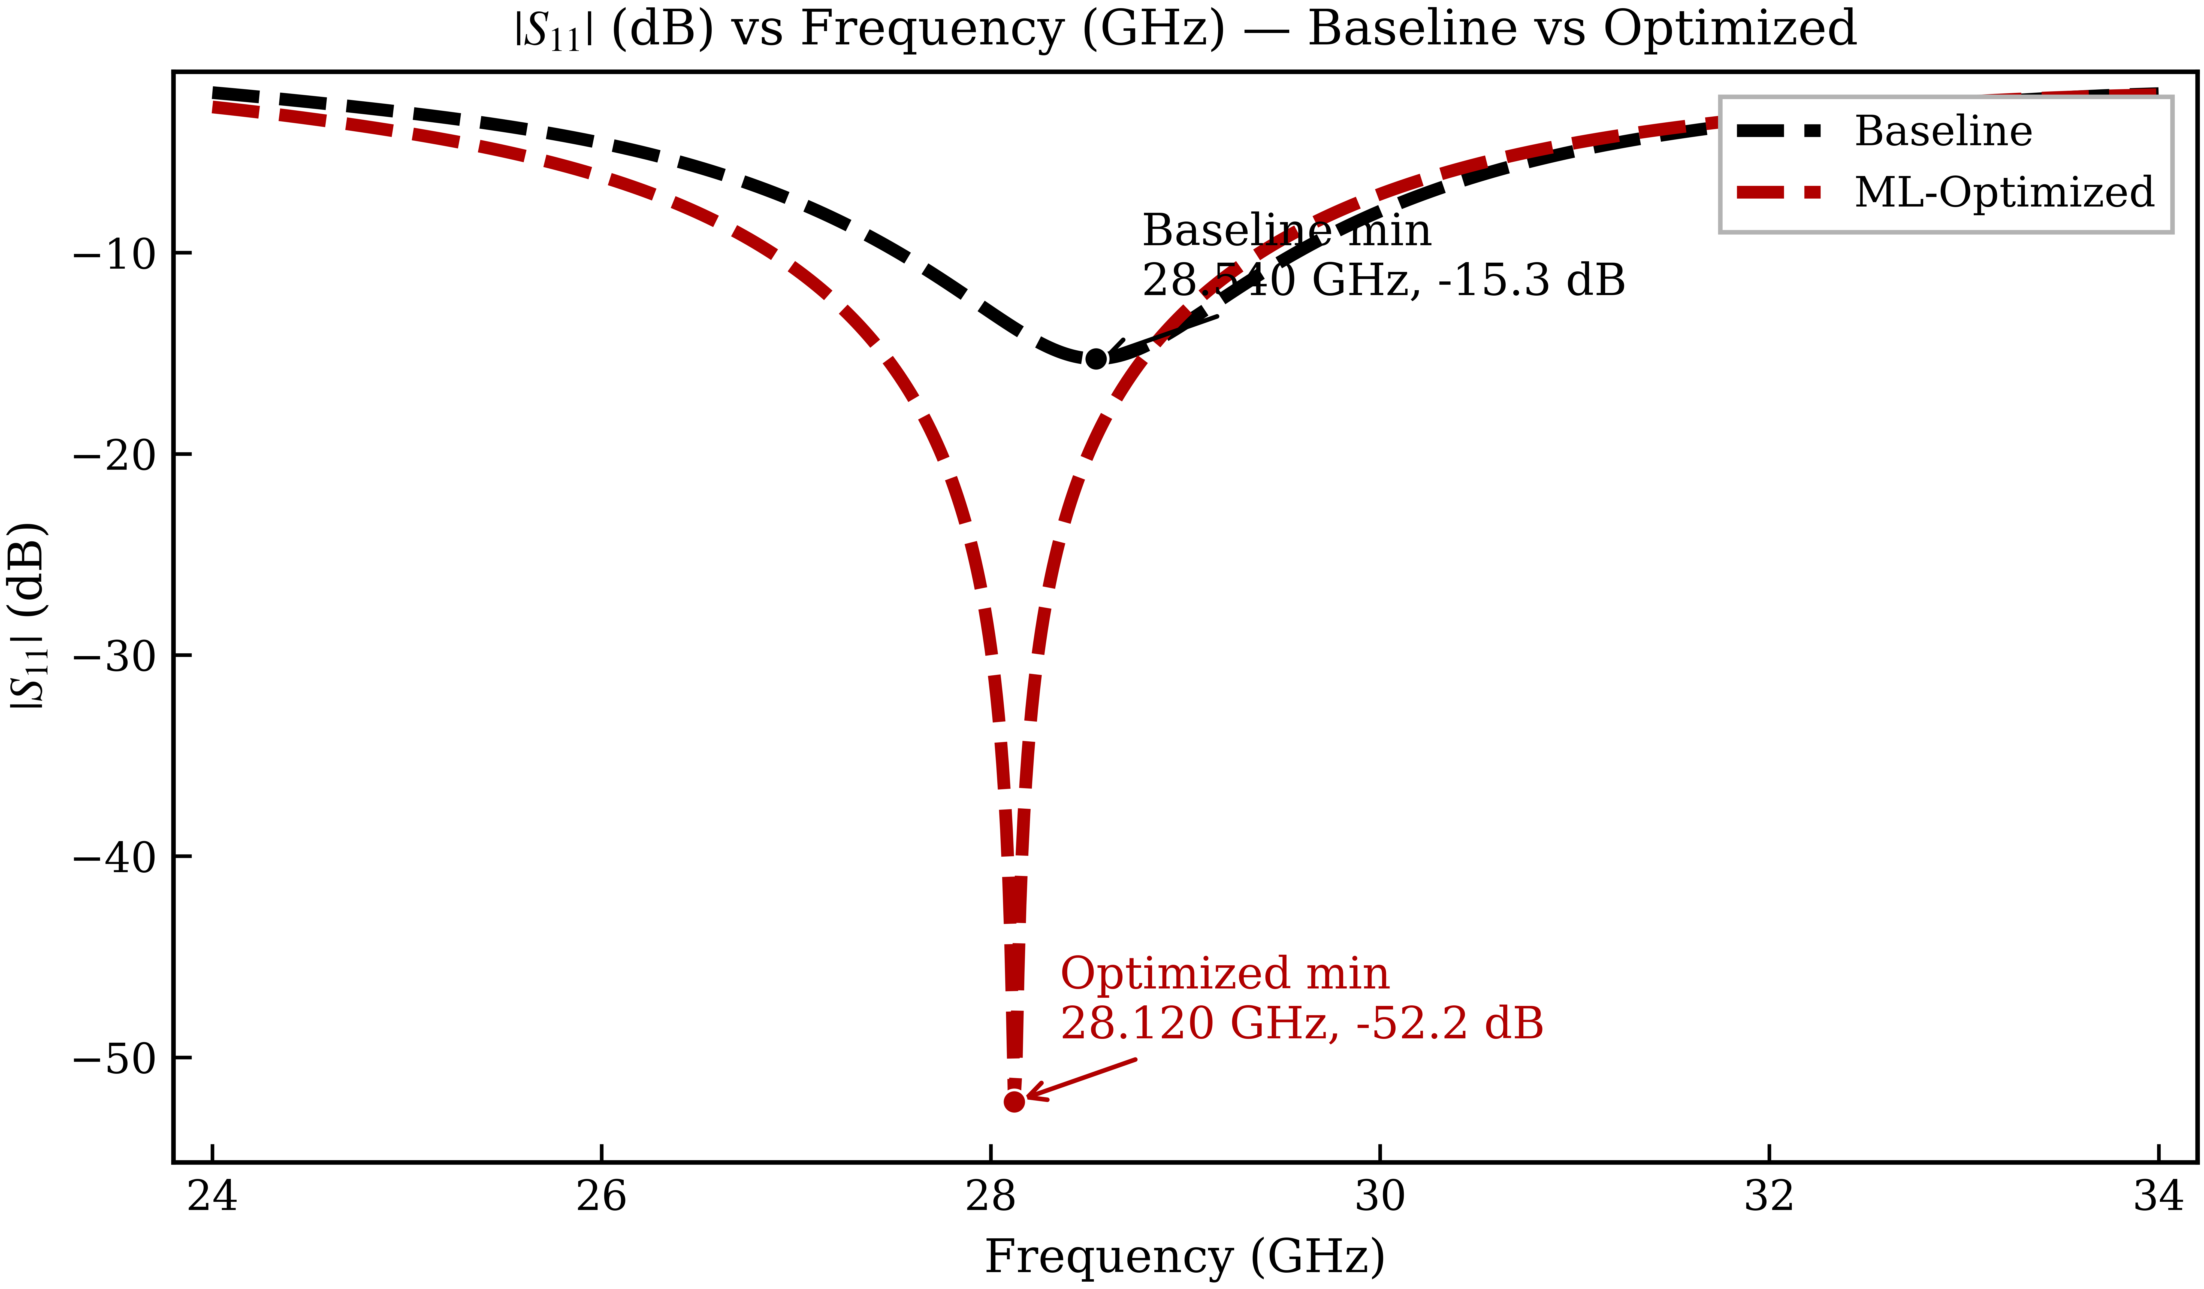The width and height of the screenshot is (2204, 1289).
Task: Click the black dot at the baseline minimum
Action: coord(1096,359)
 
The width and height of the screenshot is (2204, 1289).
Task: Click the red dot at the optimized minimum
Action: coord(1014,1101)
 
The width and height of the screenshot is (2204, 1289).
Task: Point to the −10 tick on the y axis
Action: coord(114,254)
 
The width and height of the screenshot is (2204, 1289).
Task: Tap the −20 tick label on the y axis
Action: coord(114,455)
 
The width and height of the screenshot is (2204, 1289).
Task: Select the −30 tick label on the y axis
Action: coord(114,656)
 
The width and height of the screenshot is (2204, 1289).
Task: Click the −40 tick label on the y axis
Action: coord(114,857)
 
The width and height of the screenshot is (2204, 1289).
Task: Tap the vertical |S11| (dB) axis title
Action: coord(28,617)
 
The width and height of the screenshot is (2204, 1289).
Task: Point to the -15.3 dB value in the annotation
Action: coord(1530,280)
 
